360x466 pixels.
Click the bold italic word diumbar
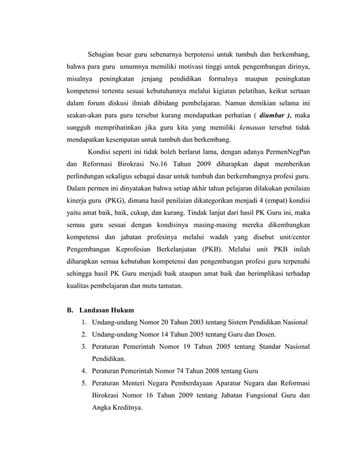pos(271,115)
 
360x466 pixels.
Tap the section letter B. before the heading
pos(71,310)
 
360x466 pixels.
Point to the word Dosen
pos(261,335)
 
